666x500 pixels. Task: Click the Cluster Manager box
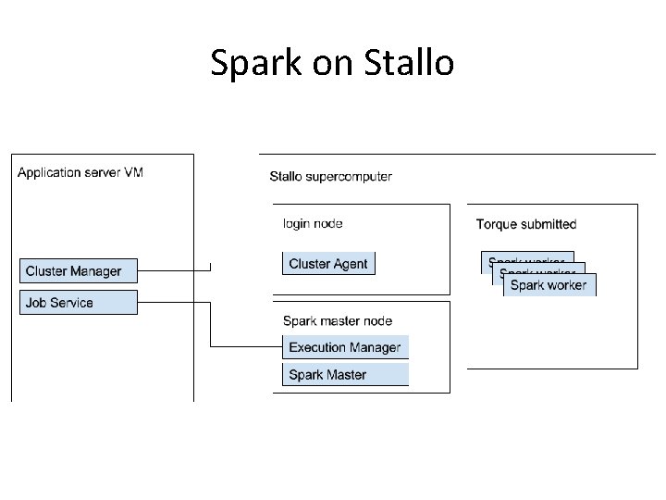click(x=79, y=270)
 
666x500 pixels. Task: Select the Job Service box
click(x=79, y=303)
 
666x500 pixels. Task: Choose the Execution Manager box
click(x=345, y=347)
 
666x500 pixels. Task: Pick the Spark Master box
click(x=345, y=375)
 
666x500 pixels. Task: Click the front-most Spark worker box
click(x=549, y=285)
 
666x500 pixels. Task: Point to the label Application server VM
click(x=80, y=172)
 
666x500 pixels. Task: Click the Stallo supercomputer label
click(x=330, y=176)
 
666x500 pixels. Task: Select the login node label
click(x=313, y=223)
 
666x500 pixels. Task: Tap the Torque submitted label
click(x=525, y=224)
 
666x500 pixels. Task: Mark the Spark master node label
click(x=337, y=321)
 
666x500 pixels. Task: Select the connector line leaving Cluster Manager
click(x=174, y=270)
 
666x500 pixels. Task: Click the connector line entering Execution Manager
click(x=248, y=347)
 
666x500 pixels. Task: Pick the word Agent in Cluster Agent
click(x=351, y=264)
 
